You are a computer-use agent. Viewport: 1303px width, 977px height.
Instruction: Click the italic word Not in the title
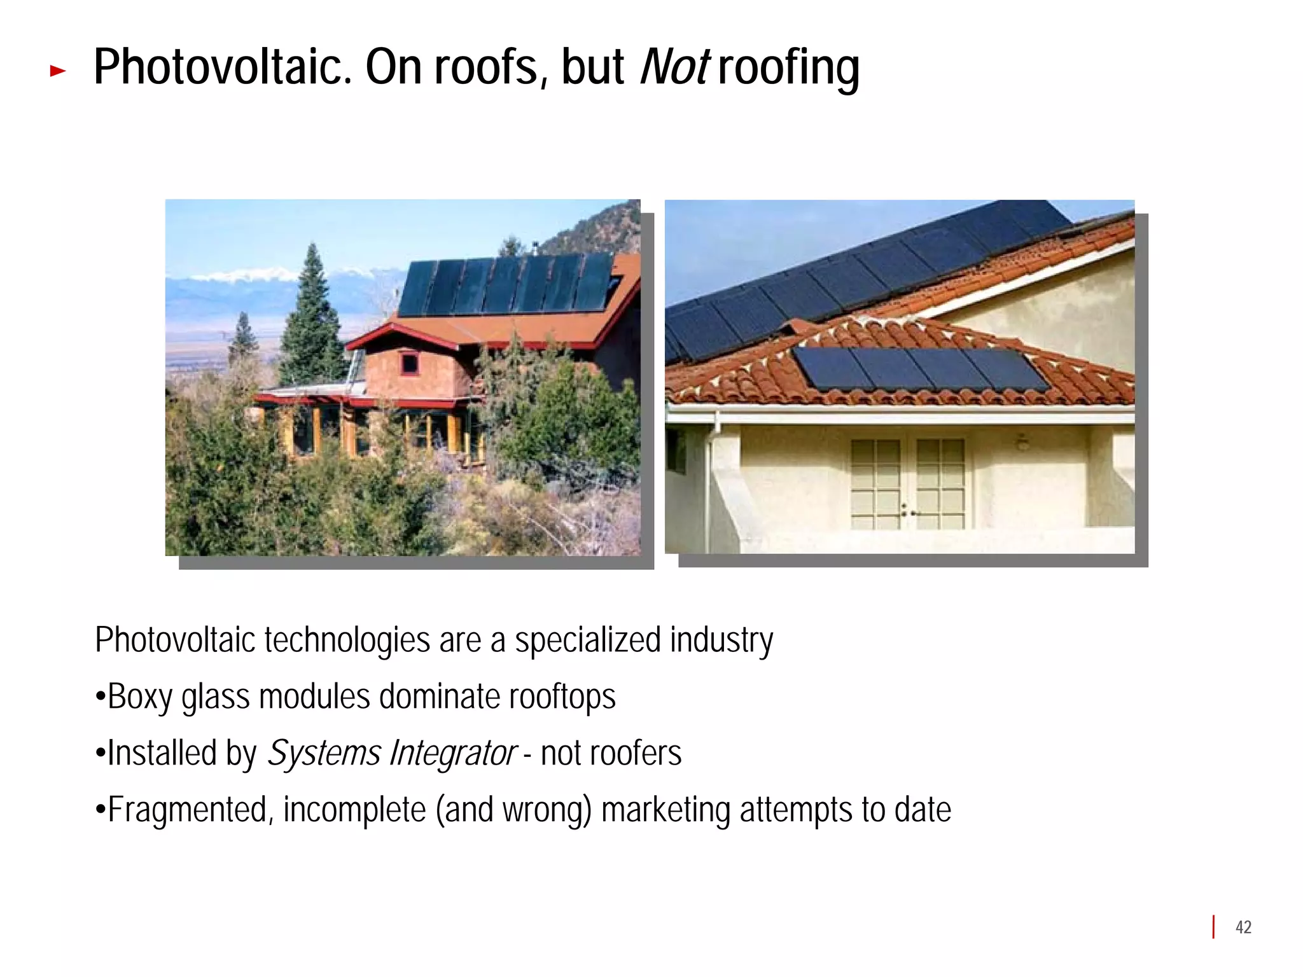coord(674,67)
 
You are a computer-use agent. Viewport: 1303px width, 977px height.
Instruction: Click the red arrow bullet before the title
coord(57,71)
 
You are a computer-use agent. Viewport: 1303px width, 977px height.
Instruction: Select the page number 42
coord(1243,927)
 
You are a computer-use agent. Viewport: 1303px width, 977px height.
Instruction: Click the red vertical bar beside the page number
coord(1213,927)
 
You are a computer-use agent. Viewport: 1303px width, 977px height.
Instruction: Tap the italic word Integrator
coord(452,754)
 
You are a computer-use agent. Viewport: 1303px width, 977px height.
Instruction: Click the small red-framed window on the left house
coord(409,364)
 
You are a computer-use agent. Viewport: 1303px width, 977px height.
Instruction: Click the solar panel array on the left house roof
coord(506,285)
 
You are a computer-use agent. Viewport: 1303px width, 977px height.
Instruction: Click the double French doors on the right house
coord(908,483)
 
